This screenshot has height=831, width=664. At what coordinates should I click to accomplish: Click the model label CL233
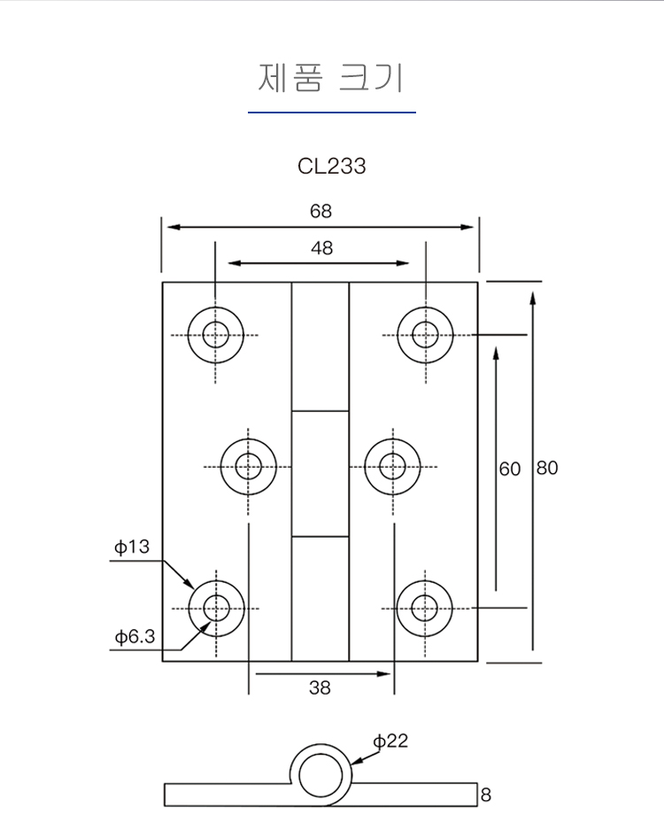(331, 166)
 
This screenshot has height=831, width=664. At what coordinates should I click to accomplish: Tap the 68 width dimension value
(320, 211)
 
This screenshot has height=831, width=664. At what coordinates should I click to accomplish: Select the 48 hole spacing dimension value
(322, 248)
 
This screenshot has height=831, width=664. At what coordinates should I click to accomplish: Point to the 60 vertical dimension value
(510, 469)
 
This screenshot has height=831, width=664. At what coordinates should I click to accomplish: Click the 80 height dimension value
(547, 468)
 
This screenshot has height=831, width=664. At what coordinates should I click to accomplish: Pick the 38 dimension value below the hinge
(320, 687)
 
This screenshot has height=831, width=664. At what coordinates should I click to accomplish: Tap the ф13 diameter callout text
(132, 547)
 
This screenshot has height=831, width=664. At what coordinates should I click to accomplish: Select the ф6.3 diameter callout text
(135, 636)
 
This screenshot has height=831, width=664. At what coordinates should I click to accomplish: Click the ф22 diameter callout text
(390, 741)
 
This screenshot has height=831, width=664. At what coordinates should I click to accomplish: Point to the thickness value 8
(486, 795)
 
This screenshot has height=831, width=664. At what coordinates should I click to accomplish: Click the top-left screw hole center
(215, 335)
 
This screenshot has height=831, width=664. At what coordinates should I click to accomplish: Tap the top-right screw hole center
(425, 335)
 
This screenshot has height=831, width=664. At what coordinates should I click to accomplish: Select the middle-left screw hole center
(249, 467)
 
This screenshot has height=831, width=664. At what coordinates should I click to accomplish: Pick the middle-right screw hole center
(392, 467)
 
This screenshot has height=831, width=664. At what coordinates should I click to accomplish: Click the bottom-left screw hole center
(216, 609)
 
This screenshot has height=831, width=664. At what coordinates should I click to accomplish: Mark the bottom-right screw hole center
(425, 608)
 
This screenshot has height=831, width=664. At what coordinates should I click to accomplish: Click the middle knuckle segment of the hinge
(320, 474)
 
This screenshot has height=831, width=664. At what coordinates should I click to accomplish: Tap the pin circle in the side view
(320, 775)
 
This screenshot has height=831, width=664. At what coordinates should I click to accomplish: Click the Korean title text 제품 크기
(331, 78)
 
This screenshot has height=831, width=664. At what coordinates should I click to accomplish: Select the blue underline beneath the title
(332, 113)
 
